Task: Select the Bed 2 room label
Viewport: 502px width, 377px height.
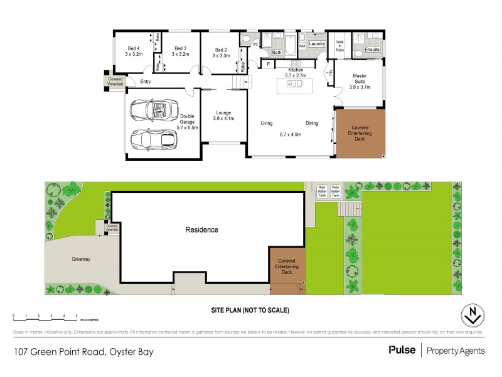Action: tap(220, 50)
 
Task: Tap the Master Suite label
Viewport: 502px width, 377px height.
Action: tap(360, 80)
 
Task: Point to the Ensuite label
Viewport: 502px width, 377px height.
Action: tap(372, 48)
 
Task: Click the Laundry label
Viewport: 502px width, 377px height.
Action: tap(317, 43)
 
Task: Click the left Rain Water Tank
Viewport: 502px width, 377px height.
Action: tap(322, 190)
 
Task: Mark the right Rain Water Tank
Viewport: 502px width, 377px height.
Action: tap(336, 190)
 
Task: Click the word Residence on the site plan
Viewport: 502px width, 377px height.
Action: tap(201, 229)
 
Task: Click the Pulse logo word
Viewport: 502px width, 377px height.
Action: tap(402, 351)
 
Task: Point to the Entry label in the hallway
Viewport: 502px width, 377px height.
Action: tap(146, 82)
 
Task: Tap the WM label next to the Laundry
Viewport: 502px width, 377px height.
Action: tap(301, 46)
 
